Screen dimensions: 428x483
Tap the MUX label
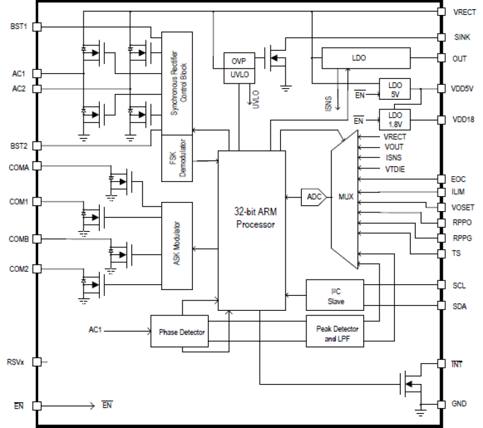345,196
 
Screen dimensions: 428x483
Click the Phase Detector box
181,332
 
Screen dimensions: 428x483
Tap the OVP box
238,60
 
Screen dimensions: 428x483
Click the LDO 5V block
395,89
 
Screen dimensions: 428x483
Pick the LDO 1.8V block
395,119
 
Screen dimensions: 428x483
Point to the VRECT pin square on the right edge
442,12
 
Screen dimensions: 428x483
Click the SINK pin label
463,38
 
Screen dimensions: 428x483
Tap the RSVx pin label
16,362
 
